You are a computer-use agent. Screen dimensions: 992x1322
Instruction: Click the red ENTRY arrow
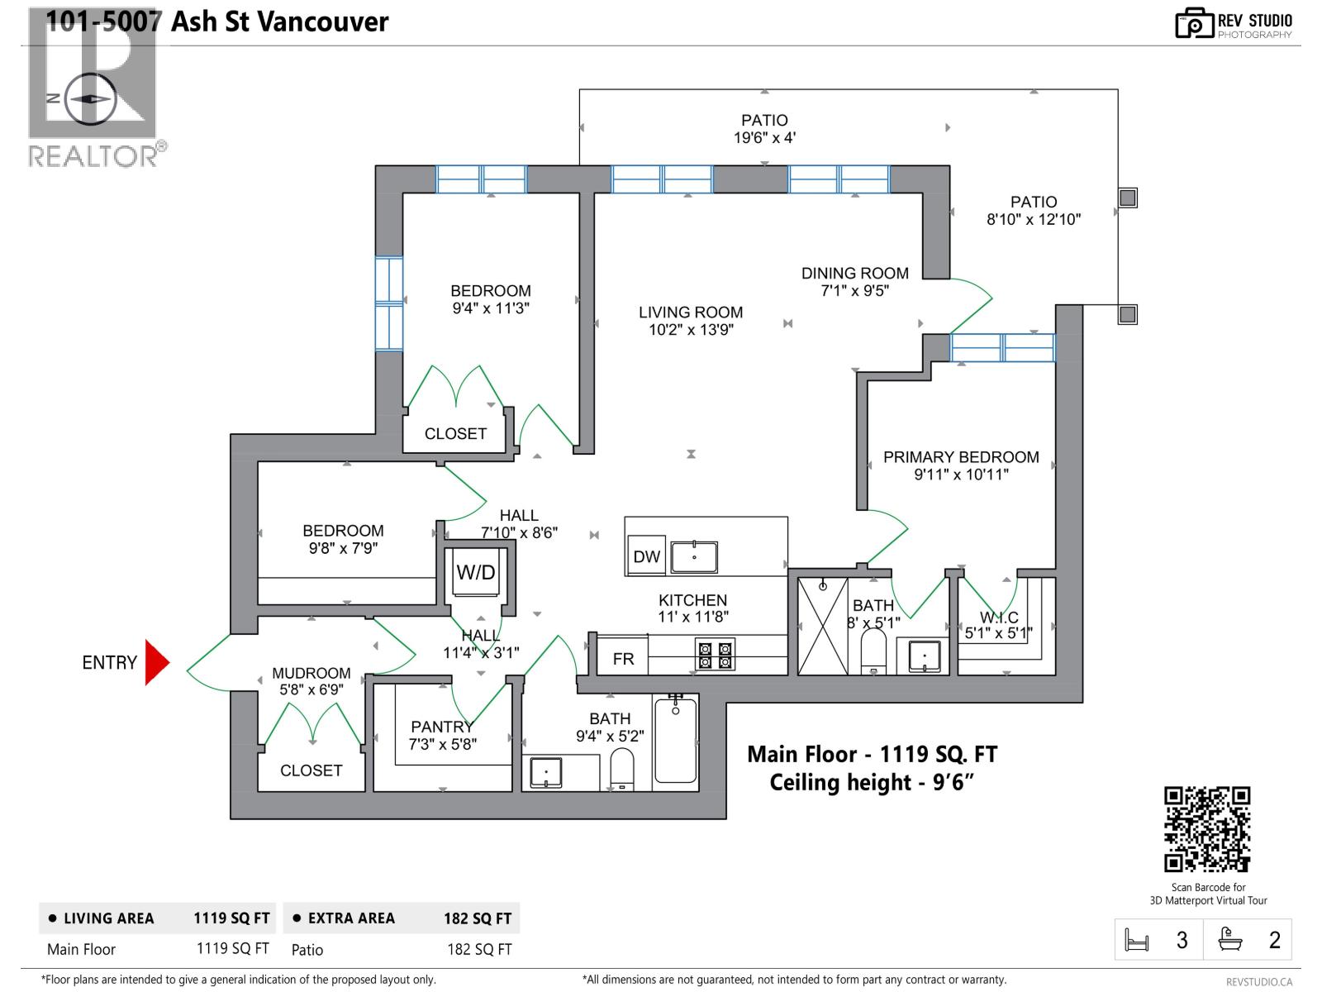156,662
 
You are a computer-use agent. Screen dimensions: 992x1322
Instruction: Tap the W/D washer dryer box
476,572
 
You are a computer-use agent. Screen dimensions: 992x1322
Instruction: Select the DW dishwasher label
646,557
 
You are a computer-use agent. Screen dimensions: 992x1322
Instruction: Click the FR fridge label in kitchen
624,659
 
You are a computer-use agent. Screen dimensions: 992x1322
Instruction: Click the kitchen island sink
694,557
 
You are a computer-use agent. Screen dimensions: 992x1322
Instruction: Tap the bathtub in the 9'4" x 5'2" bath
676,741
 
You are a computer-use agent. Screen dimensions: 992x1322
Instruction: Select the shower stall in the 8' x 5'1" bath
823,626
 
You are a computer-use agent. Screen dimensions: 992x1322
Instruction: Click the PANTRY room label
442,727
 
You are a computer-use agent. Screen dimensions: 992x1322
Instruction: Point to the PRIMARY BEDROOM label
961,457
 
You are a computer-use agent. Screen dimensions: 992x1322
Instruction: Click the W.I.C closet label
999,618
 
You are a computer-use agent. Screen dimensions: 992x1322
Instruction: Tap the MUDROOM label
311,673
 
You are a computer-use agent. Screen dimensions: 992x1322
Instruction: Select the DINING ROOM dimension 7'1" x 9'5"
854,291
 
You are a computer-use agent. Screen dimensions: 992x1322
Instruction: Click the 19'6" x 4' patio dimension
764,138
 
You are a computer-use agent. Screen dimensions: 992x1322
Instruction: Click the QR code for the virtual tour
1207,829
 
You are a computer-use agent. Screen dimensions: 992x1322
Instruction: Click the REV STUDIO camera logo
1194,23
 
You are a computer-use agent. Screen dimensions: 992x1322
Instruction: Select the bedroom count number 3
1182,940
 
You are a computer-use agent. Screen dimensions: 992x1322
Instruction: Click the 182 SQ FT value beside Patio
479,950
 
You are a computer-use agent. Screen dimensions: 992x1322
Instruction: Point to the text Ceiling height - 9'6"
872,782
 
